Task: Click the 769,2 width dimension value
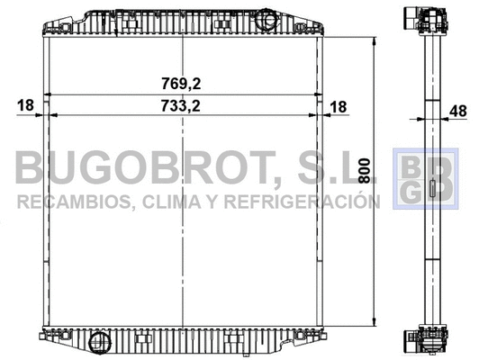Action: click(182, 83)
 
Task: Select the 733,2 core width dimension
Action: click(182, 106)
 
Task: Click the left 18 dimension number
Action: click(24, 106)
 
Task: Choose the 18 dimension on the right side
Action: click(339, 106)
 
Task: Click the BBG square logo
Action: click(417, 183)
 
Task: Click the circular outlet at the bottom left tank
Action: click(98, 341)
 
